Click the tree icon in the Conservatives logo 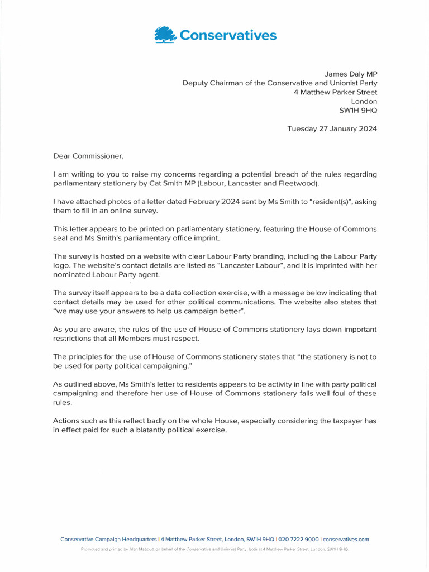pyautogui.click(x=165, y=35)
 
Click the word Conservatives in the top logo pyautogui.click(x=227, y=36)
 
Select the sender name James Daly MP pyautogui.click(x=351, y=73)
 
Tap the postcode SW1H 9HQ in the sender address pyautogui.click(x=358, y=111)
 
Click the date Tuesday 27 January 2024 pyautogui.click(x=332, y=128)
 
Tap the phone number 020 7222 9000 pyautogui.click(x=298, y=539)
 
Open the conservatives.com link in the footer pyautogui.click(x=346, y=539)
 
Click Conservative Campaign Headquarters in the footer pyautogui.click(x=108, y=539)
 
